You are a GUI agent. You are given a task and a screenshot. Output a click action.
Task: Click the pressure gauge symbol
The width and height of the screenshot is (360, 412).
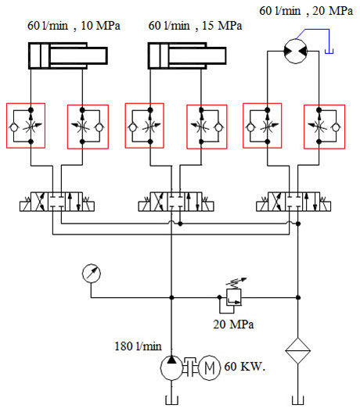click(x=92, y=274)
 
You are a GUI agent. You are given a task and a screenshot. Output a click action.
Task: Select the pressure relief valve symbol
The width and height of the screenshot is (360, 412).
click(x=233, y=297)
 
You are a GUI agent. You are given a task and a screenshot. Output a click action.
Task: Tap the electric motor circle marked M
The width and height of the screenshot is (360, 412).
click(x=209, y=367)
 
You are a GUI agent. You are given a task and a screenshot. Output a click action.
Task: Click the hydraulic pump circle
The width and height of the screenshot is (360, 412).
click(x=171, y=367)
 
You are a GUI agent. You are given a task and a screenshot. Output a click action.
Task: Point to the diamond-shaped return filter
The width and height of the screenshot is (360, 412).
click(x=297, y=350)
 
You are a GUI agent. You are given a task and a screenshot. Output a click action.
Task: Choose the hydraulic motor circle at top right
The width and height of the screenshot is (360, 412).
click(x=296, y=52)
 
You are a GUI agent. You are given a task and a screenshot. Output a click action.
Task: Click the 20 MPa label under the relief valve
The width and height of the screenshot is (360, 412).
click(x=233, y=324)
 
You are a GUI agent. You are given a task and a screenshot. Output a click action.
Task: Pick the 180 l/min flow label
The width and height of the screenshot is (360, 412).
click(x=138, y=346)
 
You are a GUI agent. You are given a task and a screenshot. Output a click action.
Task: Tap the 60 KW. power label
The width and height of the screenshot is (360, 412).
click(x=244, y=367)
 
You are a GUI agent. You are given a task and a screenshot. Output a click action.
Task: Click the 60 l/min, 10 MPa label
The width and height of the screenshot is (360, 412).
click(x=74, y=26)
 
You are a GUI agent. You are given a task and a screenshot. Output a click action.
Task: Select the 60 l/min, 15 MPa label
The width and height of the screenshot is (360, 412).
click(x=195, y=26)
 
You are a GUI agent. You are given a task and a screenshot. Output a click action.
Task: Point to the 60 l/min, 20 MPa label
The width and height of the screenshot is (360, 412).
click(x=306, y=11)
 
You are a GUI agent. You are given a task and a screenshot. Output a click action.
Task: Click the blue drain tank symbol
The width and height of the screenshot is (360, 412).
click(x=329, y=52)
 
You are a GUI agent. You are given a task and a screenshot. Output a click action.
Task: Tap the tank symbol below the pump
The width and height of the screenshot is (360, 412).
click(x=171, y=400)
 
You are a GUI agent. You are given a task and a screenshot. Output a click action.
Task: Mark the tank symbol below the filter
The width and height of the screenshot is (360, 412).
click(x=297, y=400)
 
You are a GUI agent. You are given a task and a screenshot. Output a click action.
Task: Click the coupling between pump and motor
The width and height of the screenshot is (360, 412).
click(x=191, y=367)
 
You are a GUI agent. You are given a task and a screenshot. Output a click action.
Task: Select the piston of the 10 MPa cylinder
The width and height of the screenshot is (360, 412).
click(x=45, y=56)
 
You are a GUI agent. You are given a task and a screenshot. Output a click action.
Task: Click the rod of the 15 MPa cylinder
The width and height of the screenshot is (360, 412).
click(x=197, y=56)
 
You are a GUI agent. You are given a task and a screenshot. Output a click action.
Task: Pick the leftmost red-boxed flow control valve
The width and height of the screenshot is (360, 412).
click(x=26, y=126)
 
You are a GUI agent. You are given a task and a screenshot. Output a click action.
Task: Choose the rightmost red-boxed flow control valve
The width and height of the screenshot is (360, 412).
click(x=324, y=127)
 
